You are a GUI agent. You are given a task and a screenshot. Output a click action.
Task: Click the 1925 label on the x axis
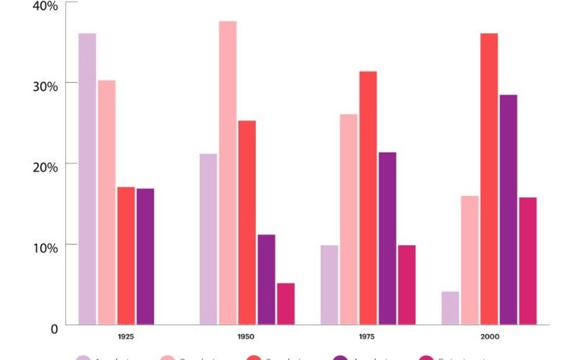(x=126, y=336)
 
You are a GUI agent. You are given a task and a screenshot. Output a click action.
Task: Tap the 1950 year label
(x=246, y=336)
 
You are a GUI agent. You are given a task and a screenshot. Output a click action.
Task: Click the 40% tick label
(x=45, y=5)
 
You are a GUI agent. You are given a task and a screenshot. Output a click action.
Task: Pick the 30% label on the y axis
(x=45, y=86)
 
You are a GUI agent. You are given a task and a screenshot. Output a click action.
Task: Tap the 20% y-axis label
(x=45, y=167)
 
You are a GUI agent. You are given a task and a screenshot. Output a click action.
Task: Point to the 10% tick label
(x=45, y=248)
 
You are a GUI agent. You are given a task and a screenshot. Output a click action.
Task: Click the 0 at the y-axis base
(x=54, y=329)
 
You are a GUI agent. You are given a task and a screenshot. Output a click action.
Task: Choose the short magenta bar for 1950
(x=286, y=304)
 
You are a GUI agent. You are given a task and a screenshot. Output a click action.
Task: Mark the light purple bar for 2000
(x=450, y=308)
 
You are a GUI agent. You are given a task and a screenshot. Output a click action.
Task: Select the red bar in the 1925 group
(x=126, y=256)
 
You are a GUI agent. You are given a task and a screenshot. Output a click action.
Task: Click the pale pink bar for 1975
(x=348, y=219)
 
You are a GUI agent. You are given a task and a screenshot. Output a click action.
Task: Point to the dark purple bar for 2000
(x=508, y=209)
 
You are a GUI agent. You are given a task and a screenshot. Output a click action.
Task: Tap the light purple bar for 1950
(x=208, y=239)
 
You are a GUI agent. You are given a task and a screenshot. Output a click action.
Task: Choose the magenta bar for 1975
(x=406, y=285)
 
